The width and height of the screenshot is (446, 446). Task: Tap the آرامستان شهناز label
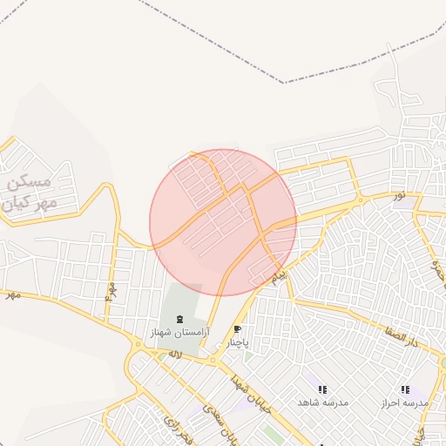(180, 334)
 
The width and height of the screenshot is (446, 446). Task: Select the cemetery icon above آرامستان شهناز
(180, 320)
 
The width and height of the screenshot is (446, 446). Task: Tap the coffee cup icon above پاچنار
(238, 330)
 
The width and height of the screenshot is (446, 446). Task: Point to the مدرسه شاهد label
(322, 402)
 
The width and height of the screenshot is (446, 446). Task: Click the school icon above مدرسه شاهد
(322, 389)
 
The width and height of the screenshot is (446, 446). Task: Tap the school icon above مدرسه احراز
(404, 390)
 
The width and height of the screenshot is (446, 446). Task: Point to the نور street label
(398, 194)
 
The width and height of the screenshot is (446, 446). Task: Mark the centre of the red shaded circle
(223, 222)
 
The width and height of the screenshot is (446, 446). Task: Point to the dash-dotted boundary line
(283, 83)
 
